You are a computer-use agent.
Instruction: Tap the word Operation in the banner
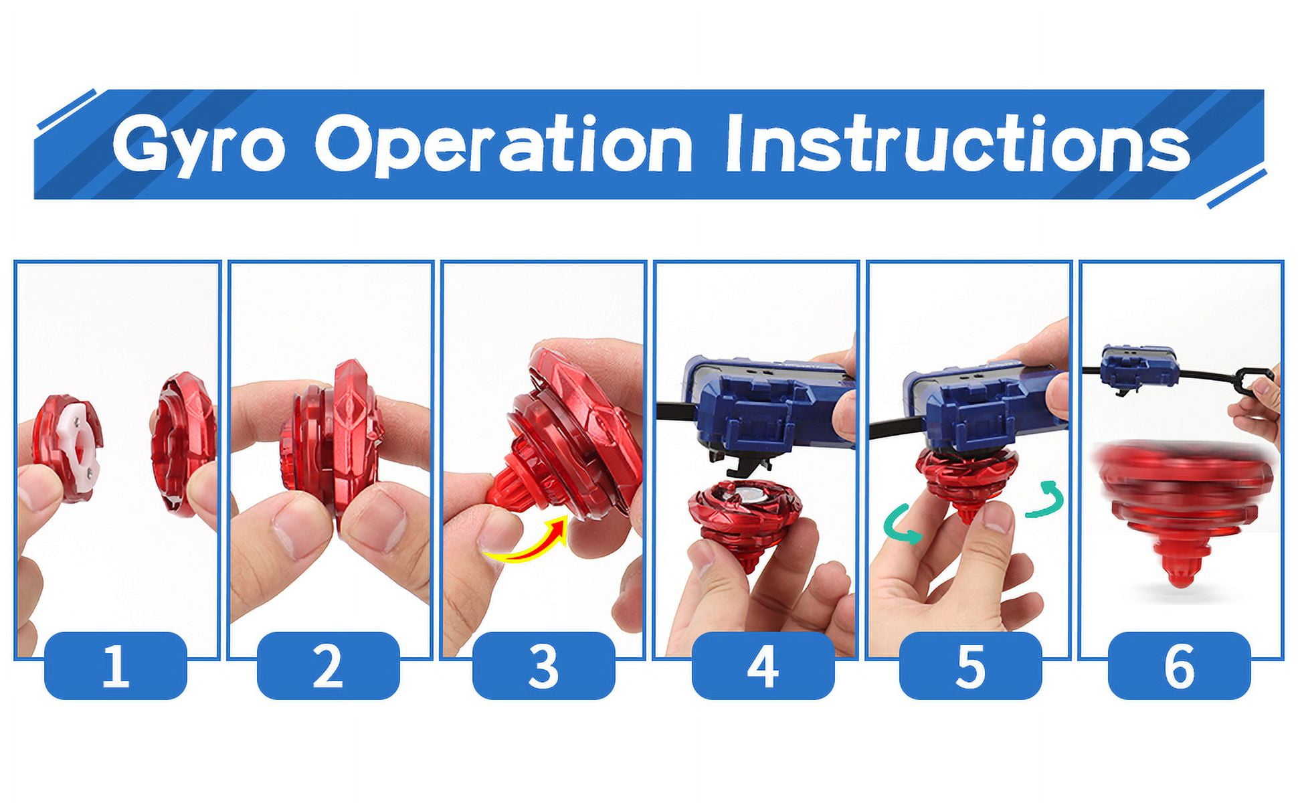pos(503,144)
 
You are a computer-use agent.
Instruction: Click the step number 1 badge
pos(115,666)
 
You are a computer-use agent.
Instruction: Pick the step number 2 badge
pos(328,666)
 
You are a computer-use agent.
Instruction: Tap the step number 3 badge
pos(543,666)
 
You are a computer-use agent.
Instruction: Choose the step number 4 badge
pos(763,666)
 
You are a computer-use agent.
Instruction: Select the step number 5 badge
pos(970,666)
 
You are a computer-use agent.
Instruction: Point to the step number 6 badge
pos(1179,666)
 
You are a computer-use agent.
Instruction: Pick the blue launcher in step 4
pos(769,405)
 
